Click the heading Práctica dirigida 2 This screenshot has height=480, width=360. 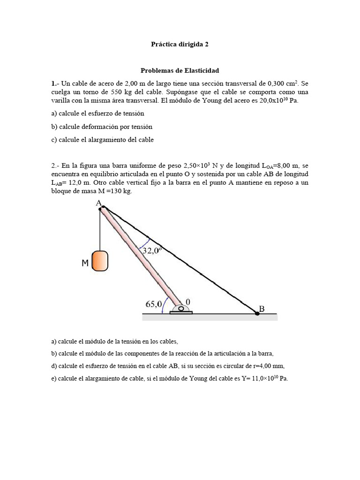[x=180, y=45]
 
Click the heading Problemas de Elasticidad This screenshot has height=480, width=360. [x=180, y=71]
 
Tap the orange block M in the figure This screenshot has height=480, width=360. [x=100, y=261]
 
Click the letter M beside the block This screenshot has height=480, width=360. [x=85, y=264]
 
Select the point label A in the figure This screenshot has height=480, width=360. [x=98, y=203]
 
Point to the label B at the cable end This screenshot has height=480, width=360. [x=262, y=309]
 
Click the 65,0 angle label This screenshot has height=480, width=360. [x=153, y=304]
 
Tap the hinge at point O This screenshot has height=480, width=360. [x=180, y=308]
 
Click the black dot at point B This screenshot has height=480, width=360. [x=257, y=313]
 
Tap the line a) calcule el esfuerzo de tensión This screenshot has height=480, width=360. [x=97, y=113]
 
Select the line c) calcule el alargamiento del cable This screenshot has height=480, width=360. [x=102, y=140]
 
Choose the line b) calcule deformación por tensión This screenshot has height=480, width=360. [x=102, y=127]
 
